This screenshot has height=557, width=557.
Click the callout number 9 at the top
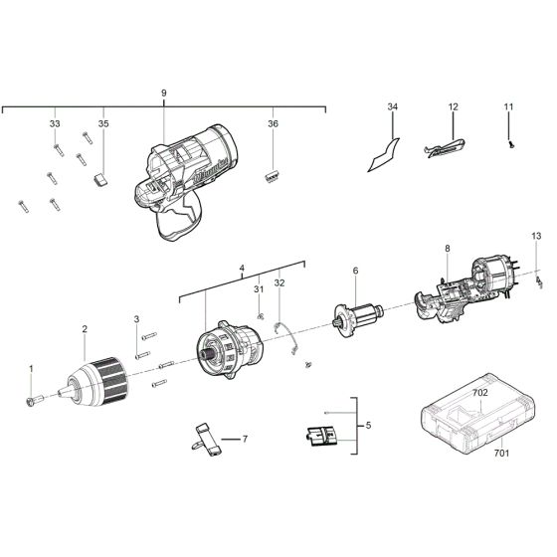point(164,93)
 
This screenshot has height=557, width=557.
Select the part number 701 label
point(501,453)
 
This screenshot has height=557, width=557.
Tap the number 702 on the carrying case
point(480,393)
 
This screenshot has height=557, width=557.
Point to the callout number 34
point(393,106)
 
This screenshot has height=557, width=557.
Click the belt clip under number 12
point(446,148)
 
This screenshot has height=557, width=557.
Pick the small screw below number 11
point(511,144)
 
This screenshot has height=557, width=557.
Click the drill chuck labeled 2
point(93,382)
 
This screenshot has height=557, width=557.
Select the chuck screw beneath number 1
point(35,400)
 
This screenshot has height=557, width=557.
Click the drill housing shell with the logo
point(185,181)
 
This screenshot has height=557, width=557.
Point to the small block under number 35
point(100,179)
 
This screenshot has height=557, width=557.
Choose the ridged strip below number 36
point(273,176)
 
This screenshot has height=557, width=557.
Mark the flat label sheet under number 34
point(384,155)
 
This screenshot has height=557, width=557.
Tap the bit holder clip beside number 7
point(207,440)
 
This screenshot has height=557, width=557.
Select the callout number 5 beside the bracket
point(368,426)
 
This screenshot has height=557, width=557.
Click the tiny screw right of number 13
point(539,282)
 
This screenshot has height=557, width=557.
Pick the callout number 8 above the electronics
point(448,249)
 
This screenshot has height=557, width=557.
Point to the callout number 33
point(55,123)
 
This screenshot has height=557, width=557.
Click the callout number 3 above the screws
point(137,319)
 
